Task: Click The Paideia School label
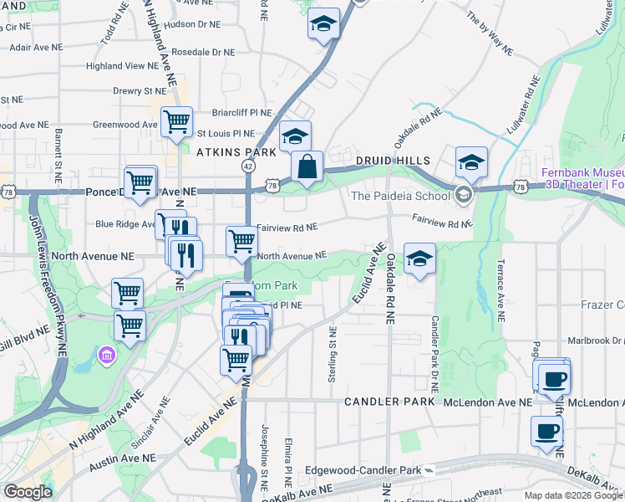[x=399, y=196]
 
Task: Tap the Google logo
[x=28, y=492]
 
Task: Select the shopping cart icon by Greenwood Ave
[x=176, y=122]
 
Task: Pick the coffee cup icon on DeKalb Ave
[x=546, y=432]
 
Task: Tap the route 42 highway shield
[x=248, y=166]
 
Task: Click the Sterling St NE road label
[x=333, y=355]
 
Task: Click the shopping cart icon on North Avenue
[x=241, y=241]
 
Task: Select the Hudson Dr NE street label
[x=193, y=25]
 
